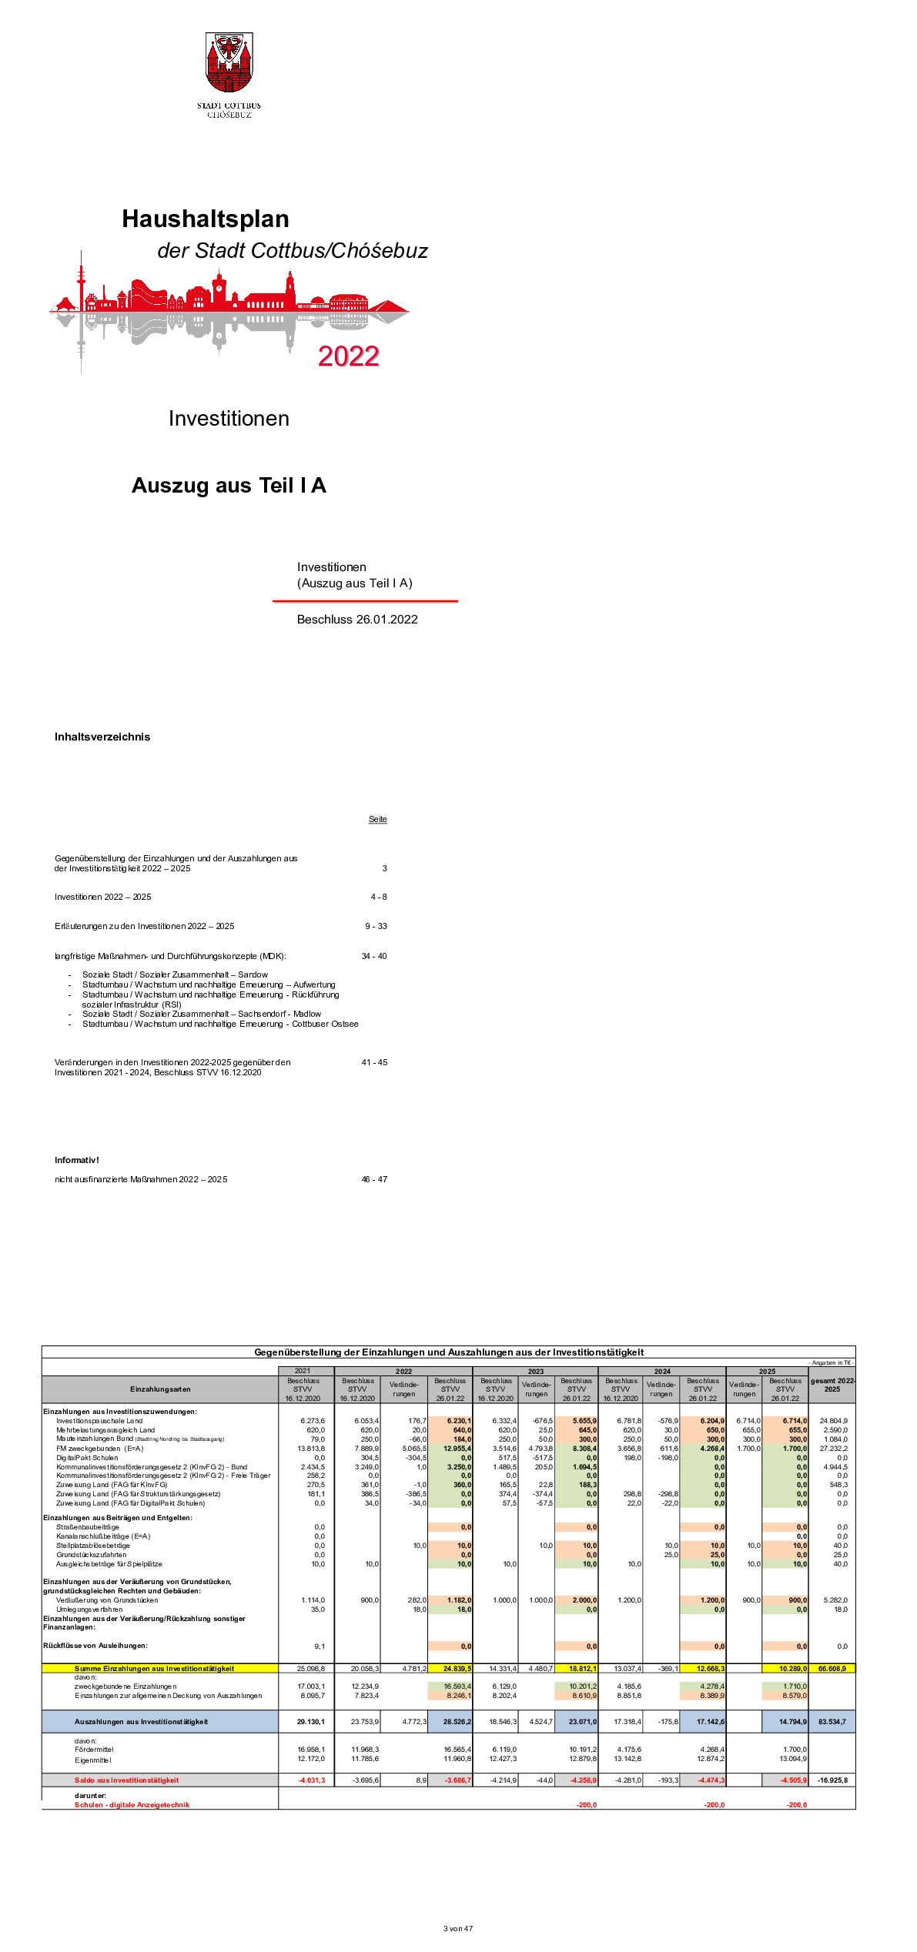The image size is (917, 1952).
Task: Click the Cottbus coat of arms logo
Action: point(229,64)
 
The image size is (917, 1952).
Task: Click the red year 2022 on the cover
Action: point(348,356)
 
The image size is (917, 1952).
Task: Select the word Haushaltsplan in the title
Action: point(206,219)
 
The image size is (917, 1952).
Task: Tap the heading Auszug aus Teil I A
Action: point(229,486)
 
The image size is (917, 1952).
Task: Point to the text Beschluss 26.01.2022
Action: point(357,620)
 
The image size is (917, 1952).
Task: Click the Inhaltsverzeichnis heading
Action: point(102,737)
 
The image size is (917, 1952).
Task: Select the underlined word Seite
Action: point(377,819)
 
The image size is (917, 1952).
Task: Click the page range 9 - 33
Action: point(376,926)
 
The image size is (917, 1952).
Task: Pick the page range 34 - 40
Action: point(374,956)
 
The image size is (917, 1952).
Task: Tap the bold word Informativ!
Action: point(76,1160)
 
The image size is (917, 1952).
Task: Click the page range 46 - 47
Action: point(374,1179)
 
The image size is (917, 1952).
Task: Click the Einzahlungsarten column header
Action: point(160,1389)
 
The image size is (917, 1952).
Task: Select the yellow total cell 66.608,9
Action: point(832,1669)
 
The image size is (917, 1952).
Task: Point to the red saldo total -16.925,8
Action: point(832,1780)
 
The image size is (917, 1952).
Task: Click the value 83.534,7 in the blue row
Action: point(832,1722)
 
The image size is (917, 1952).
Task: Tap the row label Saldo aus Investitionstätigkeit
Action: point(126,1780)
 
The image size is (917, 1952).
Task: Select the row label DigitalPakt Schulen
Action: point(87,1458)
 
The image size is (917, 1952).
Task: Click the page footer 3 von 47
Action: point(458,1929)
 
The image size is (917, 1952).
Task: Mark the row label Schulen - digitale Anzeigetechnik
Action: point(132,1805)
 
